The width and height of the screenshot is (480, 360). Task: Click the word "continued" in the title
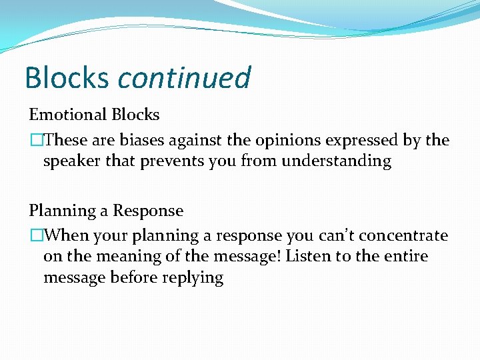point(184,78)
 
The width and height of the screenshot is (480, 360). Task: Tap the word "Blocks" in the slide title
point(66,78)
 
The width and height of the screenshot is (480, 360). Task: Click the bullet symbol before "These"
point(34,141)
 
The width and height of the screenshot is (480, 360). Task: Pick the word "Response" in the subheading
point(147,211)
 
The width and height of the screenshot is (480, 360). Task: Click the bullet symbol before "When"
point(34,236)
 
